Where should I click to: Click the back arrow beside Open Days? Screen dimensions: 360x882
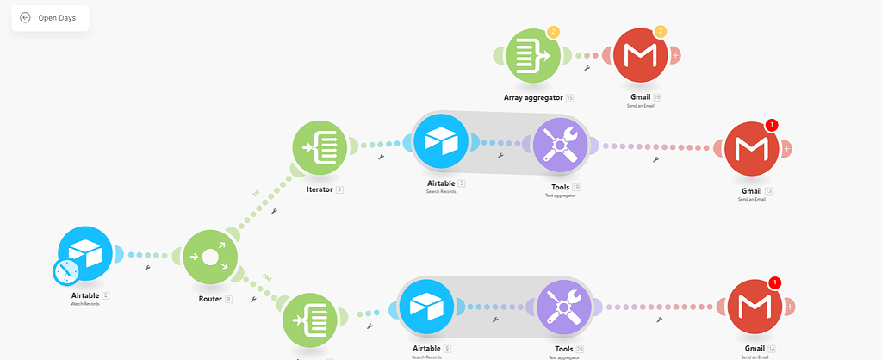25,17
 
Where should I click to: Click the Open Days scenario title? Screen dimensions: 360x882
56,17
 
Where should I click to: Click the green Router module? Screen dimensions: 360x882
210,256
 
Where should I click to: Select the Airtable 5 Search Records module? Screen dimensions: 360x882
440,142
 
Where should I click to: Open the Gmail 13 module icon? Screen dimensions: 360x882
751,148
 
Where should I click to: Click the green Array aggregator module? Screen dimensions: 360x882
533,55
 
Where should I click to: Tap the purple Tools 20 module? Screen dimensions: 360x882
564,307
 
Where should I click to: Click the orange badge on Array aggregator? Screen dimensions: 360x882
553,32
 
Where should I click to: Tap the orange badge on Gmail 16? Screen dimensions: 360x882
661,32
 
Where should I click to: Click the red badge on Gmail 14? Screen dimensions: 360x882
774,282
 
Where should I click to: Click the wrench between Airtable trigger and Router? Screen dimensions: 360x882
148,268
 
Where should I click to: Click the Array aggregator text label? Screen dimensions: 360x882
533,97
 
